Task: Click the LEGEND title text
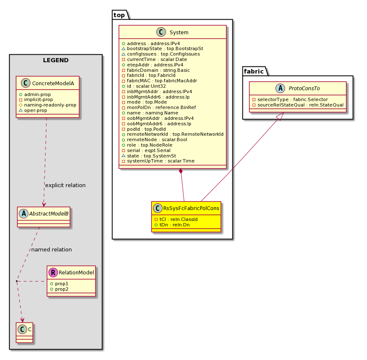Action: pos(56,61)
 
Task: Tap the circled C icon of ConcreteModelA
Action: pos(25,83)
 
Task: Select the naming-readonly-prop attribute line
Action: pos(48,105)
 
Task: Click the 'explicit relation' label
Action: pos(65,185)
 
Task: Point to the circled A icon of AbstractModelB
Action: pos(24,213)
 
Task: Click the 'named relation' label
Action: pos(51,250)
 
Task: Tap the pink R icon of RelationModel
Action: pos(53,273)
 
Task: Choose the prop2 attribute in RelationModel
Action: pos(59,289)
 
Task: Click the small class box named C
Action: pos(25,332)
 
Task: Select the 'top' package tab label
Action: pos(119,15)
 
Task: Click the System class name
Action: pos(179,33)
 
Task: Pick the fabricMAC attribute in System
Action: pos(160,81)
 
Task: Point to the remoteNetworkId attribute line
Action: pos(173,134)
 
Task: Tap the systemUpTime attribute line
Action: pos(158,161)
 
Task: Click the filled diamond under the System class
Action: pos(181,171)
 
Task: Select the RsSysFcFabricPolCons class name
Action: pos(191,208)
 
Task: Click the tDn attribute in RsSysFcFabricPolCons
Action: pos(172,225)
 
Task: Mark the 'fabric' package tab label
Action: pos(254,71)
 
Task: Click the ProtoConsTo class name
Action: pos(304,89)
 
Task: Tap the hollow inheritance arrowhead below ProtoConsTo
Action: pos(280,116)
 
